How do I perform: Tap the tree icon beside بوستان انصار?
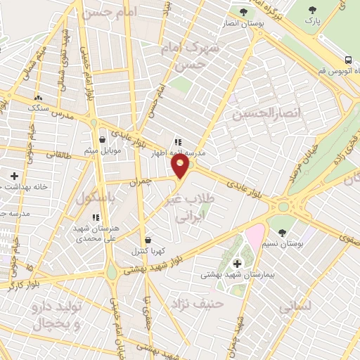(243, 12)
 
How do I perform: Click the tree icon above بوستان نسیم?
(282, 231)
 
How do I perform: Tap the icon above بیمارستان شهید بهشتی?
(236, 259)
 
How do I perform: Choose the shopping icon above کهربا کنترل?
(147, 238)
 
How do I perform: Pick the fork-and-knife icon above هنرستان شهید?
(96, 217)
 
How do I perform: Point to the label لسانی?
(295, 308)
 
